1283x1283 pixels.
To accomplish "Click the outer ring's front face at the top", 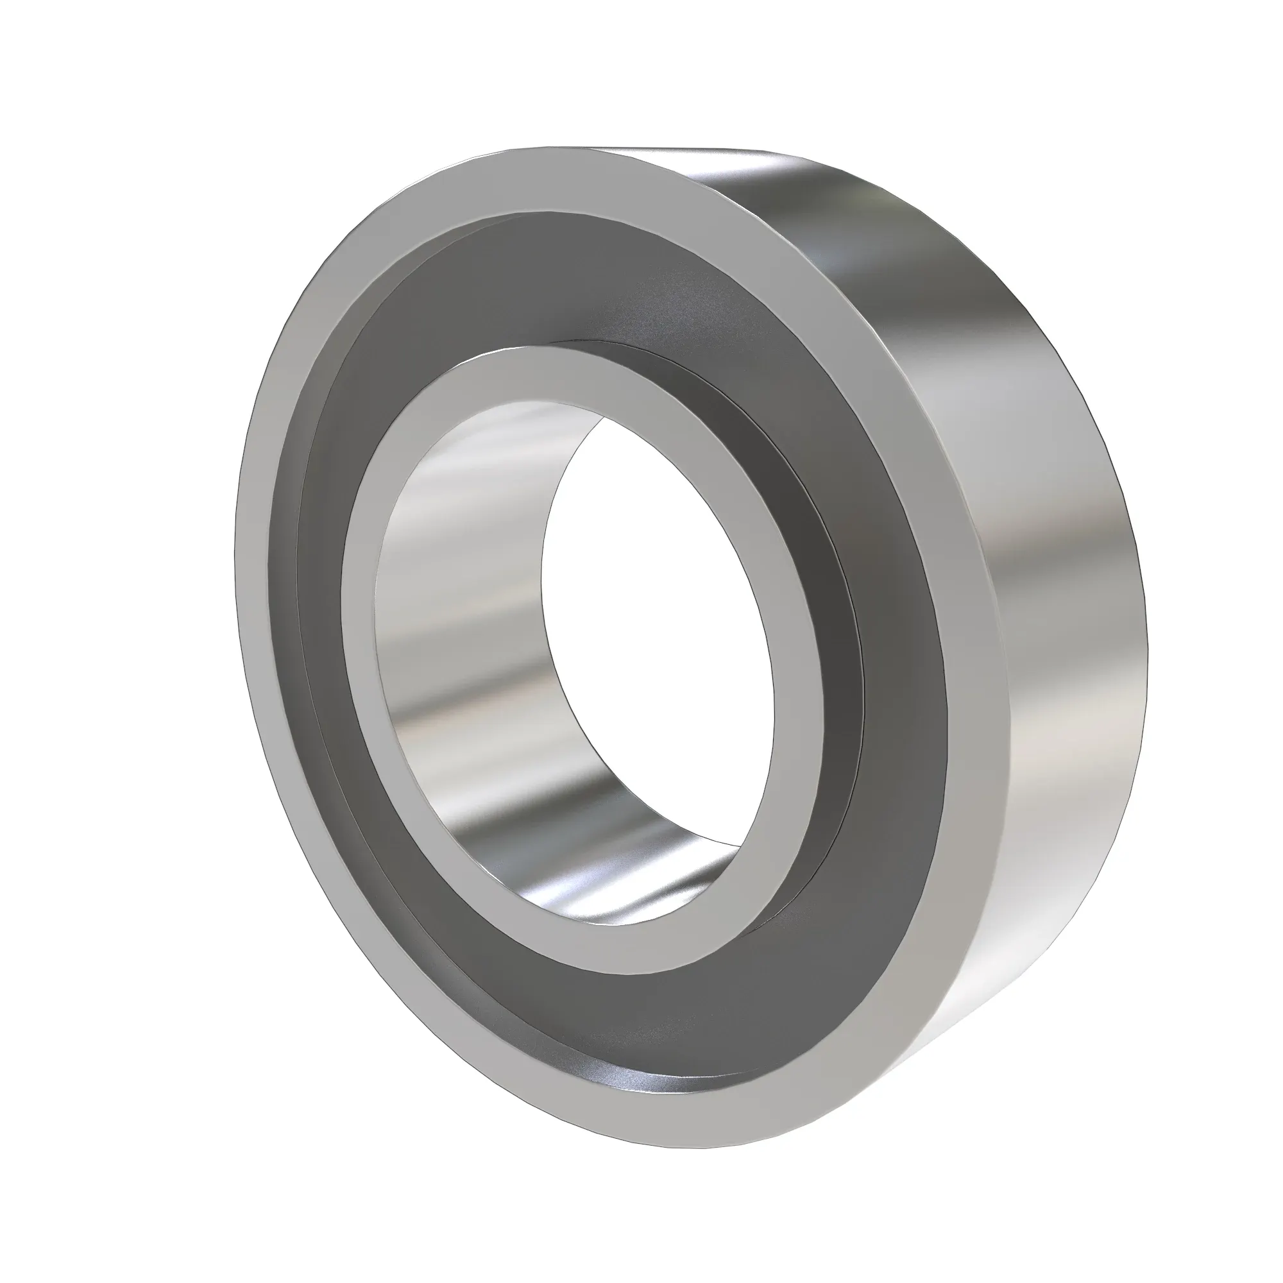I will tap(531, 180).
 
